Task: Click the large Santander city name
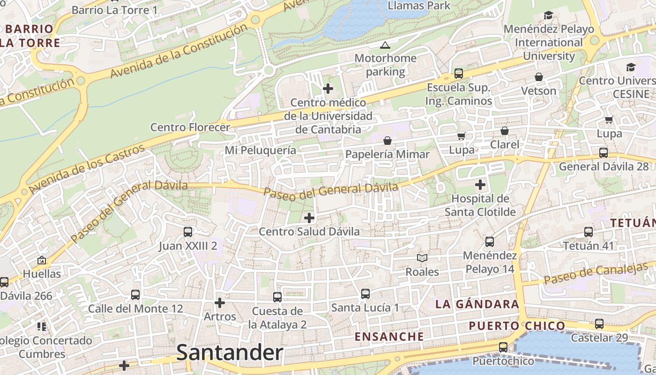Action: point(230,353)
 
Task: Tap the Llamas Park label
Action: point(419,6)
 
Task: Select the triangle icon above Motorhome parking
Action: point(385,45)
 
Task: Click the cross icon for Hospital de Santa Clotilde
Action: point(480,185)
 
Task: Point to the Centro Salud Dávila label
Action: point(309,232)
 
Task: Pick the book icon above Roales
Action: point(422,258)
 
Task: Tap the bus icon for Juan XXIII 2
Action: point(188,232)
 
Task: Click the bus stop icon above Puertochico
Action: point(503,347)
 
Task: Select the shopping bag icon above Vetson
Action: point(539,77)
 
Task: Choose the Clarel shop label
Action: point(504,144)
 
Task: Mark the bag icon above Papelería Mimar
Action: point(388,141)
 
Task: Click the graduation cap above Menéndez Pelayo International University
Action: point(548,15)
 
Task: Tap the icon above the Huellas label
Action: point(42,260)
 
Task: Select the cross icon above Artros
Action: point(219,303)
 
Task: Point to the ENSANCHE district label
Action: point(389,337)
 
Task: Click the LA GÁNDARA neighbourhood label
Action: point(477,304)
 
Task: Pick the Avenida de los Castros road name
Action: point(87,170)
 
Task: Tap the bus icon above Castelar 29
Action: point(599,323)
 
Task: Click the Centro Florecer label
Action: point(190,127)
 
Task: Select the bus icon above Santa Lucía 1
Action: point(365,294)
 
